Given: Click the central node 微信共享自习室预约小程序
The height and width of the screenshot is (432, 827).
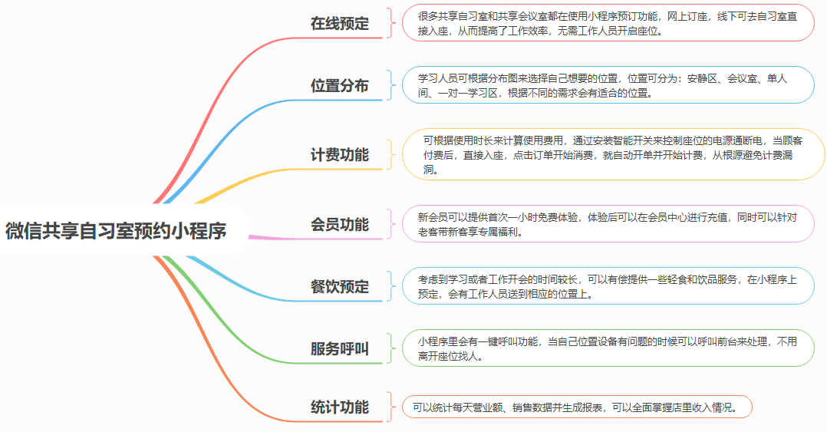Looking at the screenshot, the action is [x=116, y=230].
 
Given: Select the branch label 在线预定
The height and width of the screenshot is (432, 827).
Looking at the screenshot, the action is [x=340, y=24].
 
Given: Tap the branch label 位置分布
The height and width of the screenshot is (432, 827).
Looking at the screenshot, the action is [x=340, y=85].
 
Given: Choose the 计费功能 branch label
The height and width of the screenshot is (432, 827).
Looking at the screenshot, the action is [x=340, y=154].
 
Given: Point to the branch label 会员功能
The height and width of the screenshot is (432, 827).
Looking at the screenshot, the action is [x=340, y=224].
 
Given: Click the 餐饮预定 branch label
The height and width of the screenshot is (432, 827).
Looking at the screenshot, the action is [x=340, y=286].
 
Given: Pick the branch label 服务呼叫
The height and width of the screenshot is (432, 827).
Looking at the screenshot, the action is [x=340, y=348].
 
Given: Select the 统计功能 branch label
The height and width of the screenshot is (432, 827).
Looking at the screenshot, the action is [x=340, y=407].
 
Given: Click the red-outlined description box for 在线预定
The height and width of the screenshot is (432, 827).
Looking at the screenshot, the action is [x=608, y=23].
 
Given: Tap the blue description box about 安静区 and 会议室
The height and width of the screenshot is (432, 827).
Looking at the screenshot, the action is [x=608, y=85].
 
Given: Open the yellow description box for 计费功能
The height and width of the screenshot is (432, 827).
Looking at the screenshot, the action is [x=614, y=154].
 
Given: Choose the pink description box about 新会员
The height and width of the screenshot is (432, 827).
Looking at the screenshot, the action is [x=608, y=224].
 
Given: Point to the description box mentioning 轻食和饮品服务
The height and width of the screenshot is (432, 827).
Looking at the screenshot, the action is [x=608, y=286].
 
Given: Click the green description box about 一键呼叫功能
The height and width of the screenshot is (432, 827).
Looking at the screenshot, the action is [x=608, y=348].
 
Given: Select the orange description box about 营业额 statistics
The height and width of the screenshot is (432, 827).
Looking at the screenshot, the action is [x=577, y=407].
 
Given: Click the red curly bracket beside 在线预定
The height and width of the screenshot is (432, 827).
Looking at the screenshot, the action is [x=390, y=23].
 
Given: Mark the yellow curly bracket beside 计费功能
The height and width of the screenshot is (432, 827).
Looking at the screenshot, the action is [x=390, y=154].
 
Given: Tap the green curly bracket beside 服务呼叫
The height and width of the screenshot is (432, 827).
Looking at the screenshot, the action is [x=390, y=348].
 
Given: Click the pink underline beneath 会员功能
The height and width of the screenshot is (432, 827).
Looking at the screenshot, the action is [x=315, y=239].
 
